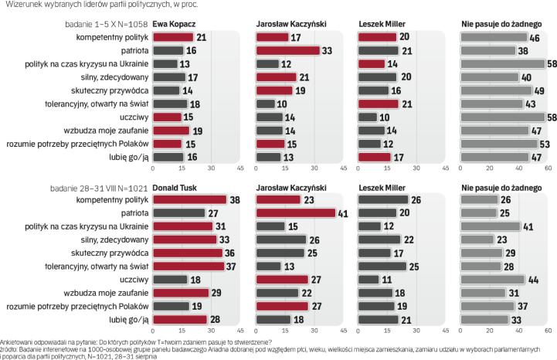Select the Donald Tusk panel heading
(x=174, y=187)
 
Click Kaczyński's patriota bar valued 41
(x=297, y=213)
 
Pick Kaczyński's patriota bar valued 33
(x=287, y=50)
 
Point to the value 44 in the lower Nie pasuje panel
(x=532, y=279)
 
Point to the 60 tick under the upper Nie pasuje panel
(x=549, y=168)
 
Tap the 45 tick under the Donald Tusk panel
(x=239, y=331)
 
